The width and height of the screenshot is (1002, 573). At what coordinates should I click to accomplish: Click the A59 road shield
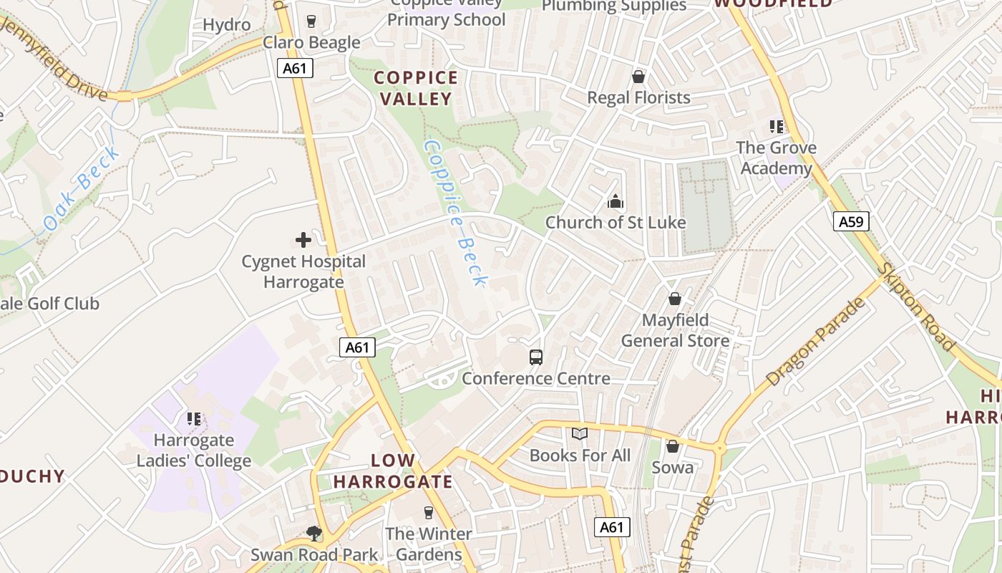click(x=851, y=221)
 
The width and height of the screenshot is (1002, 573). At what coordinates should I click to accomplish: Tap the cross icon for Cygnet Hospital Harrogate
click(x=303, y=240)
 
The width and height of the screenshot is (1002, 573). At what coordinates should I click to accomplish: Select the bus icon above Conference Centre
click(x=536, y=357)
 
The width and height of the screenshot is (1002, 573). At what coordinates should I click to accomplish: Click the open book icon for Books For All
click(x=580, y=433)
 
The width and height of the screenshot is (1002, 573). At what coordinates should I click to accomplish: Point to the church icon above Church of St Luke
click(x=616, y=201)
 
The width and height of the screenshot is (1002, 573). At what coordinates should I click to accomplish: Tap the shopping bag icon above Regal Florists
click(x=638, y=77)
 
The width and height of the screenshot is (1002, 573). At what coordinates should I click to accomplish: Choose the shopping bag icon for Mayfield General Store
click(x=674, y=299)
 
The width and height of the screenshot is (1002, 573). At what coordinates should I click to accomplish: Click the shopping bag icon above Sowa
click(x=672, y=446)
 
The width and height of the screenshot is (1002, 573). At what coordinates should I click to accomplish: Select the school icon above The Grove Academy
click(x=777, y=127)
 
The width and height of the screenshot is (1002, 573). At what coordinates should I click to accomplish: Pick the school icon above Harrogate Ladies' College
click(x=194, y=418)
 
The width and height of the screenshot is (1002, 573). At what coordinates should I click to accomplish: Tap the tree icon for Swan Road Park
click(x=313, y=533)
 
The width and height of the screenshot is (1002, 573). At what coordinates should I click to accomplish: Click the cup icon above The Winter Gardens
click(x=429, y=512)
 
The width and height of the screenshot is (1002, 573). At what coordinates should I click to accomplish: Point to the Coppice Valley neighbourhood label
click(x=416, y=88)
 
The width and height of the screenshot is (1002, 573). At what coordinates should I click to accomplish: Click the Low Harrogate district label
click(x=393, y=471)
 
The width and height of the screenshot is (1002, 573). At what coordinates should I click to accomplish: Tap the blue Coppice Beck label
click(x=456, y=213)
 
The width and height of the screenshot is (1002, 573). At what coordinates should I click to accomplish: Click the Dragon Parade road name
click(x=815, y=342)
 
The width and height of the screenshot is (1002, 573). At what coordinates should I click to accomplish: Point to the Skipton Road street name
click(x=918, y=307)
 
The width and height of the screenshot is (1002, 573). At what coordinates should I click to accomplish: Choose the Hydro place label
click(x=227, y=25)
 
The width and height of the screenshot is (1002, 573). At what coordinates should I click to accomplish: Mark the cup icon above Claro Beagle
click(x=311, y=21)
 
